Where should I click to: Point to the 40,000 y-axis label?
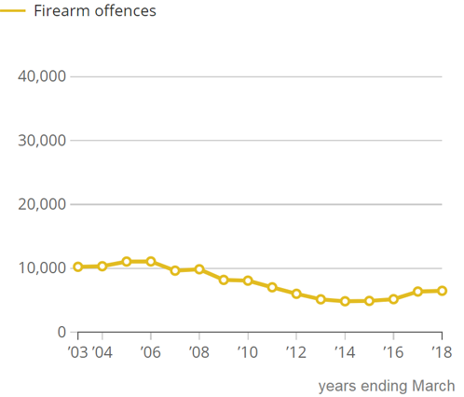click(x=43, y=76)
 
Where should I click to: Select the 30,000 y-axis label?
click(x=43, y=141)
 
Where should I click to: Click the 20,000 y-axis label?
click(x=43, y=204)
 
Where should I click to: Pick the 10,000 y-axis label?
click(x=43, y=268)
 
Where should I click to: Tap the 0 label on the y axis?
click(x=61, y=332)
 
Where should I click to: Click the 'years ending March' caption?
click(x=387, y=385)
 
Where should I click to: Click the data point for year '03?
click(x=78, y=267)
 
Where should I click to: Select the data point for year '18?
click(x=442, y=291)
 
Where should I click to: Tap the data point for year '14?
click(x=345, y=301)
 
